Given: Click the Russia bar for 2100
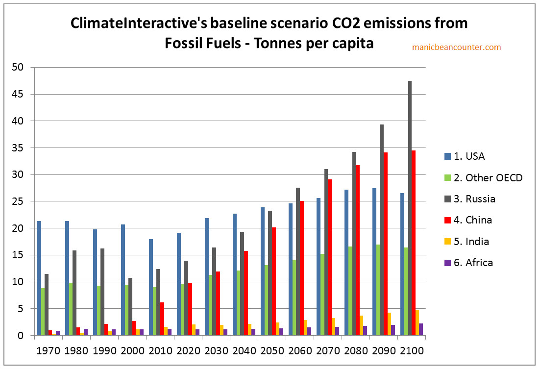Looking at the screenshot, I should (x=410, y=208).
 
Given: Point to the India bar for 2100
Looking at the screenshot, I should (x=416, y=322).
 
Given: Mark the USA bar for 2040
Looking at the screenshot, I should (x=235, y=274).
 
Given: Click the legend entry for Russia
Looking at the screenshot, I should (x=474, y=199).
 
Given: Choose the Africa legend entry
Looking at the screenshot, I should (x=473, y=262).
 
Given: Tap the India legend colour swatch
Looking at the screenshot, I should (x=447, y=241).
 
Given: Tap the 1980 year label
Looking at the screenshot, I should (x=76, y=351).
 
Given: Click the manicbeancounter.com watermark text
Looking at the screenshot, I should (x=457, y=47).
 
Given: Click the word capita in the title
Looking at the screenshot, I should (x=353, y=43).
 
